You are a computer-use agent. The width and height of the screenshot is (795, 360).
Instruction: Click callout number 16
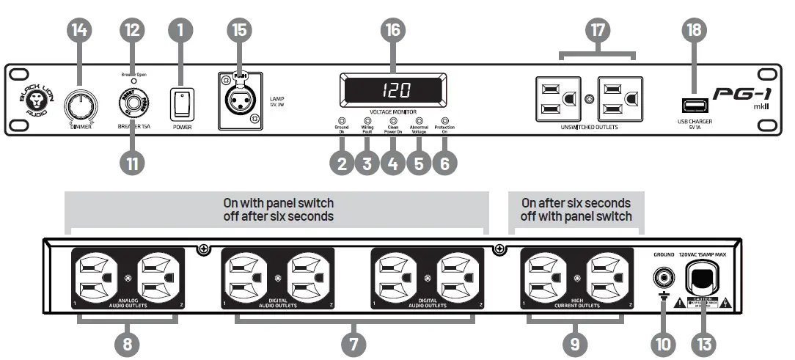[x=393, y=30]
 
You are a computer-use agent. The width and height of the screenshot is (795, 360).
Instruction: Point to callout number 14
[x=80, y=30]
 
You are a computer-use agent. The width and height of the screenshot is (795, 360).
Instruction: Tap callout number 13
[x=703, y=342]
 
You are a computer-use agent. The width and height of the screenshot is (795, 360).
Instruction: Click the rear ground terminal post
[x=662, y=278]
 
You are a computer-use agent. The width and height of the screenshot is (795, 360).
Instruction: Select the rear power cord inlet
[x=703, y=277]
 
